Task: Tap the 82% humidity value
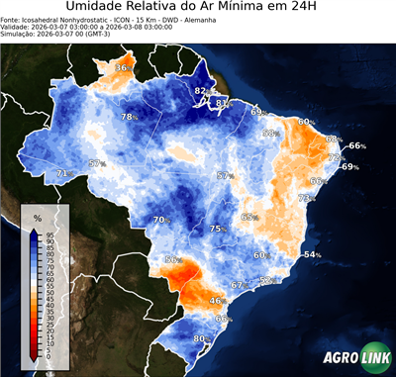(201, 91)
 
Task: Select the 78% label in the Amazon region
(129, 117)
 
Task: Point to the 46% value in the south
(218, 300)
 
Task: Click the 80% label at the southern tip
(200, 338)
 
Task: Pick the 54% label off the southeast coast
(312, 255)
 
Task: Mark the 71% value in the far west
(63, 173)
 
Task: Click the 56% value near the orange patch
(173, 259)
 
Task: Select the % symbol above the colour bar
(38, 217)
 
